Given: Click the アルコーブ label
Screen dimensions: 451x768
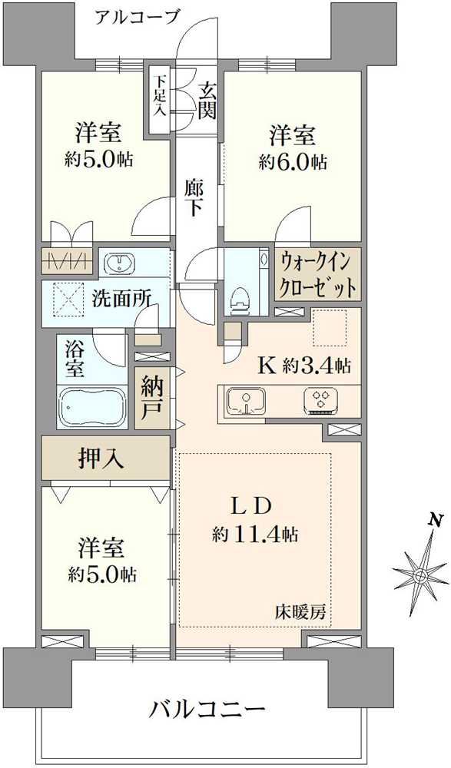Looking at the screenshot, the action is coord(137,18).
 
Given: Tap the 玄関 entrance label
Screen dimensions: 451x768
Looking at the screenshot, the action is coord(207,101).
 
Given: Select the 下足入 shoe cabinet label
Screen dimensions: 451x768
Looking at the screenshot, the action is coord(159,95).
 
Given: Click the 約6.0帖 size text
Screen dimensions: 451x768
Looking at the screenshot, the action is coord(293,162).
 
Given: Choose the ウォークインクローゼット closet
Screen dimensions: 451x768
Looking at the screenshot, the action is coord(317,275).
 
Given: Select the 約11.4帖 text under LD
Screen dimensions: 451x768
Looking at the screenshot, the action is coord(255,535).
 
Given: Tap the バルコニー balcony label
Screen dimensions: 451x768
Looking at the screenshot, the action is coord(208,709).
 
